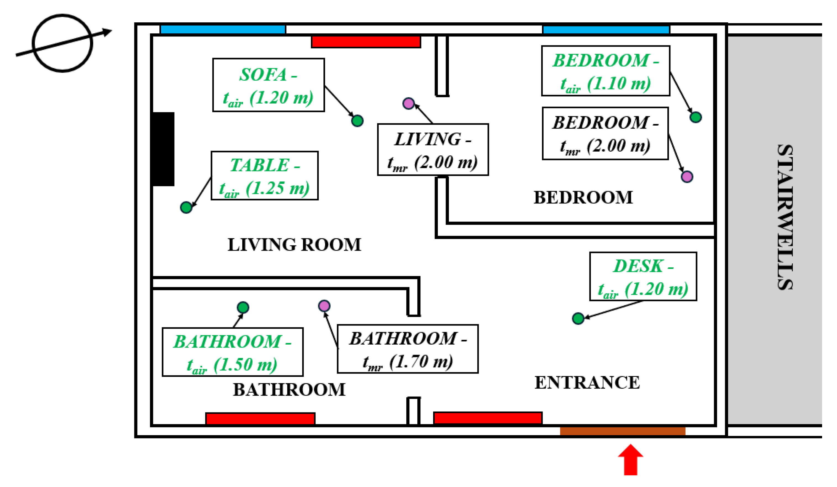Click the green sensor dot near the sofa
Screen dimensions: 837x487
(357, 121)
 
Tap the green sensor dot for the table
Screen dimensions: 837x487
(186, 208)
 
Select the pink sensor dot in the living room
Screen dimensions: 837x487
(409, 104)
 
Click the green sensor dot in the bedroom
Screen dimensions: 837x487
(696, 117)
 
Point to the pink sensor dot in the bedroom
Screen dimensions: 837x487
(687, 177)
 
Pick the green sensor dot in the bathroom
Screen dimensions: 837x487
(243, 307)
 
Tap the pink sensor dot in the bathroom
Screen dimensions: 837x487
(324, 306)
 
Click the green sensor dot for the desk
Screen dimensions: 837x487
(578, 318)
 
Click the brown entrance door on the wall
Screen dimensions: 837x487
(622, 431)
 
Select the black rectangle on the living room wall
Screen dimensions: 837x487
(163, 149)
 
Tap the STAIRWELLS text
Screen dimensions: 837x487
(785, 218)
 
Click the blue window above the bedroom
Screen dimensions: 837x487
(606, 30)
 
